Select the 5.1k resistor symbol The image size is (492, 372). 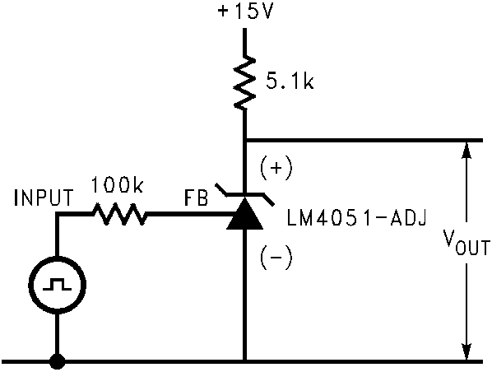tap(244, 83)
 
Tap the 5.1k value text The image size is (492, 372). tap(290, 83)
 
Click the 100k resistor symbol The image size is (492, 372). tap(122, 216)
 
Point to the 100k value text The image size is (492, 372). tap(117, 186)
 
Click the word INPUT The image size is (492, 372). tap(44, 198)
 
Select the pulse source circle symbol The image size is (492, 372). tap(58, 288)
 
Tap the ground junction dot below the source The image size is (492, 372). tap(58, 360)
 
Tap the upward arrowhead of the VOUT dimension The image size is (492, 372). tap(466, 149)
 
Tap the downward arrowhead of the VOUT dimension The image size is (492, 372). tap(466, 351)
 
